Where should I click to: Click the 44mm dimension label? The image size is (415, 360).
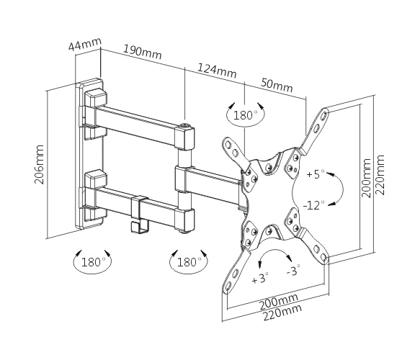(x=85, y=44)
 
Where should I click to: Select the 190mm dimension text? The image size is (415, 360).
(x=143, y=52)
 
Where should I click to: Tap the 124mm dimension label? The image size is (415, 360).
(x=217, y=70)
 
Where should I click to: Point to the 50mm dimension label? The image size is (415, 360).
(x=277, y=84)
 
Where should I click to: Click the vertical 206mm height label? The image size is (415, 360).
(x=39, y=164)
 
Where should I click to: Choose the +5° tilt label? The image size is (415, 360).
(x=316, y=174)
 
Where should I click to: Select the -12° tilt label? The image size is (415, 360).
(x=314, y=205)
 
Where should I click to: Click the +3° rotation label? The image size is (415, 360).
(x=260, y=278)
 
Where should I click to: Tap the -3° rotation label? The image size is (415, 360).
(x=294, y=270)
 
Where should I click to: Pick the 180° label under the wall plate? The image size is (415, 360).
(x=92, y=262)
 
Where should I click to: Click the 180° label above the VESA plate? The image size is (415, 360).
(x=245, y=115)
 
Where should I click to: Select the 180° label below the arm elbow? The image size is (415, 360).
(x=188, y=262)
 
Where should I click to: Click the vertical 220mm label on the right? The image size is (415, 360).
(x=380, y=175)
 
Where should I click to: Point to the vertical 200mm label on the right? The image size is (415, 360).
(x=366, y=178)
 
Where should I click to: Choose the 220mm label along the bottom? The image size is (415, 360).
(x=282, y=312)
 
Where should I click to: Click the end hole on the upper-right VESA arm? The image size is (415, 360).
(x=324, y=115)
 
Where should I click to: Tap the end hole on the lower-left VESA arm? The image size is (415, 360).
(x=228, y=286)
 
